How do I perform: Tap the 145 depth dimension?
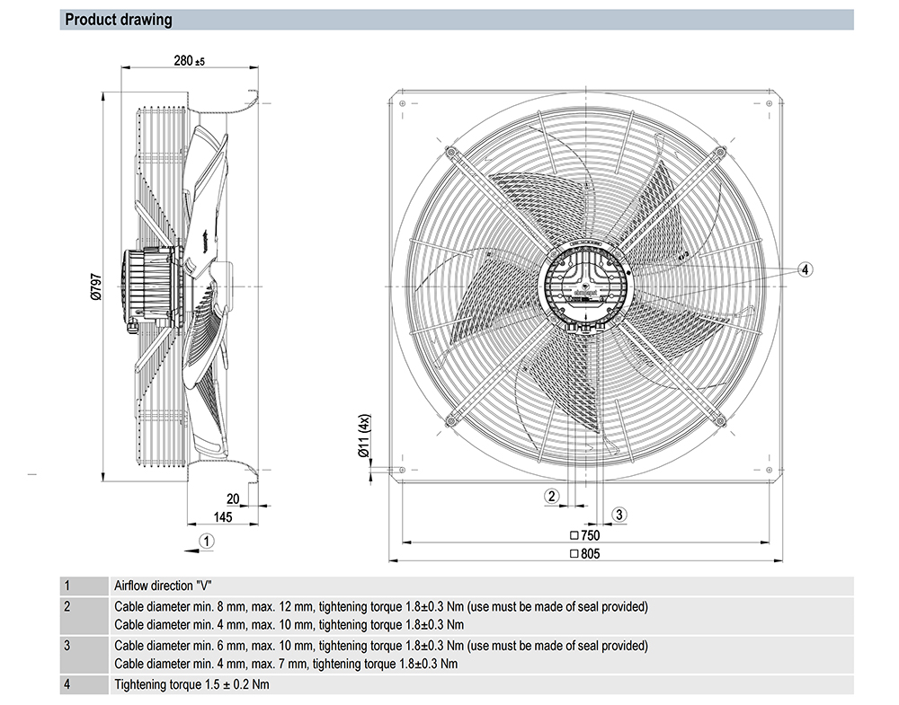point(223,516)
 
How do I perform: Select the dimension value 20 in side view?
point(232,499)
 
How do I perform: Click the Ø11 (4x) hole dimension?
point(363,437)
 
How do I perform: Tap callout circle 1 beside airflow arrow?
point(208,541)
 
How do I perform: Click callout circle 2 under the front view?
point(551,496)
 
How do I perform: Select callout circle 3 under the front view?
point(619,514)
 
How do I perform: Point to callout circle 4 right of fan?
point(805,269)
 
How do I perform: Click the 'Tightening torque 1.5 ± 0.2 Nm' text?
point(191,685)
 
